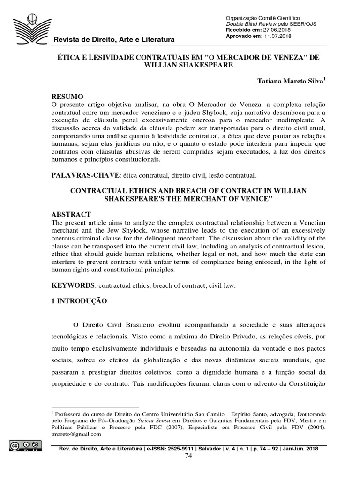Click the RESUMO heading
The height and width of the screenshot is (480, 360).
(x=67, y=96)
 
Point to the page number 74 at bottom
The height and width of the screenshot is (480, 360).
(x=188, y=456)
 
